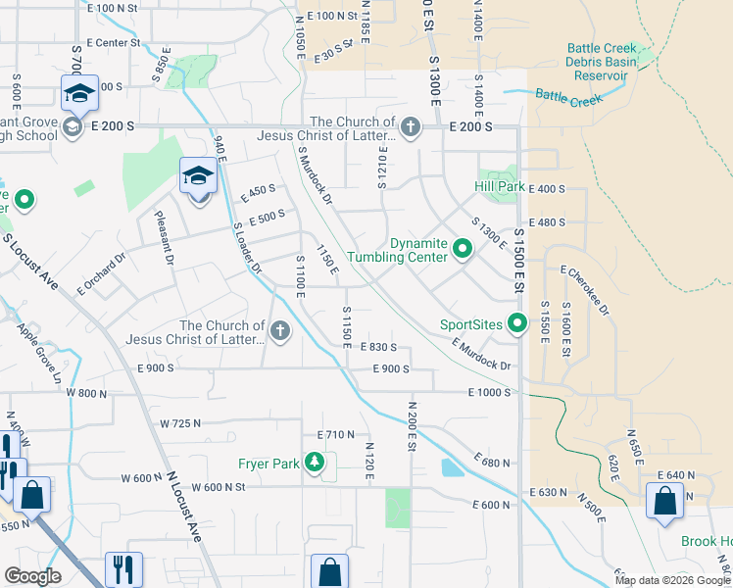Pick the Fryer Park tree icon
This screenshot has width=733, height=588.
(314, 463)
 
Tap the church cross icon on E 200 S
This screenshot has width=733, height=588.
(411, 126)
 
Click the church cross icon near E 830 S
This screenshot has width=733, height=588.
(281, 330)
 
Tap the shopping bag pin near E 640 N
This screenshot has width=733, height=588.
(664, 500)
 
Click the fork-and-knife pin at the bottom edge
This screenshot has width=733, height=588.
(123, 569)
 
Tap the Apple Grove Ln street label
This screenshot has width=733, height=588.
(39, 352)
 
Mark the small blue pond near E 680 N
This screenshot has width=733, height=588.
(453, 467)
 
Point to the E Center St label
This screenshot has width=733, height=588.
(114, 42)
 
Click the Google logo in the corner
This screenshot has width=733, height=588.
(33, 576)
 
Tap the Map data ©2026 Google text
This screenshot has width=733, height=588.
(671, 580)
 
